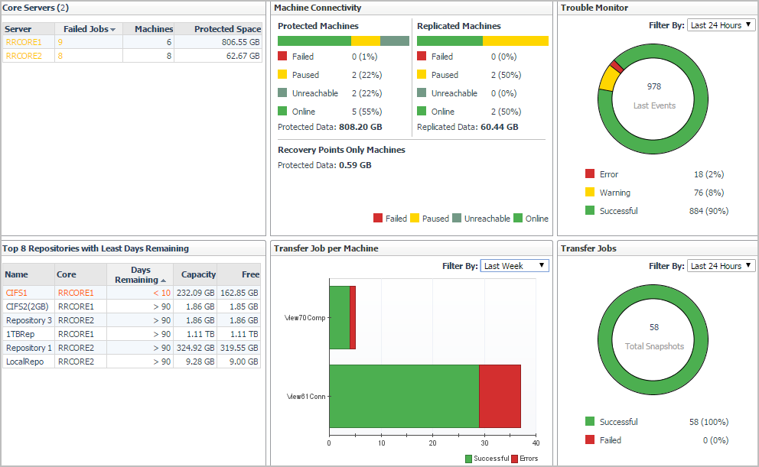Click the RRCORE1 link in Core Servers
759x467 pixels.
(x=24, y=42)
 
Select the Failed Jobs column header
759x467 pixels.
(x=88, y=29)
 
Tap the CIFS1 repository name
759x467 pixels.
(x=16, y=293)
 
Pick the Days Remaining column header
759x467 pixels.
(x=140, y=275)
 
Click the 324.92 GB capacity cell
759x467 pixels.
(x=196, y=348)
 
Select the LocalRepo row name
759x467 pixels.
(x=24, y=362)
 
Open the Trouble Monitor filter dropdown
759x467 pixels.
(x=721, y=25)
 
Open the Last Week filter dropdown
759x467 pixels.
(x=515, y=266)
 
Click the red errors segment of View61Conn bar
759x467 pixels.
(x=500, y=396)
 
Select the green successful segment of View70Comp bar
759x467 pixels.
(x=339, y=317)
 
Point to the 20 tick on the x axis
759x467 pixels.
(x=432, y=442)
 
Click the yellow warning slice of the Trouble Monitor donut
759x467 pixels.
(x=608, y=79)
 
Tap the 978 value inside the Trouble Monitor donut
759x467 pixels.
(x=653, y=86)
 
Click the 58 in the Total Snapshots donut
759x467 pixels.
(x=653, y=327)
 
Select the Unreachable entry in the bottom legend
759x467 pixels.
(x=487, y=219)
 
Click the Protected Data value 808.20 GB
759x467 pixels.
(x=360, y=127)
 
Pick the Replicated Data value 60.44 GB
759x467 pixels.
(x=499, y=127)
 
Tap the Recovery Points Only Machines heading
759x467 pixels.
(x=341, y=150)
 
